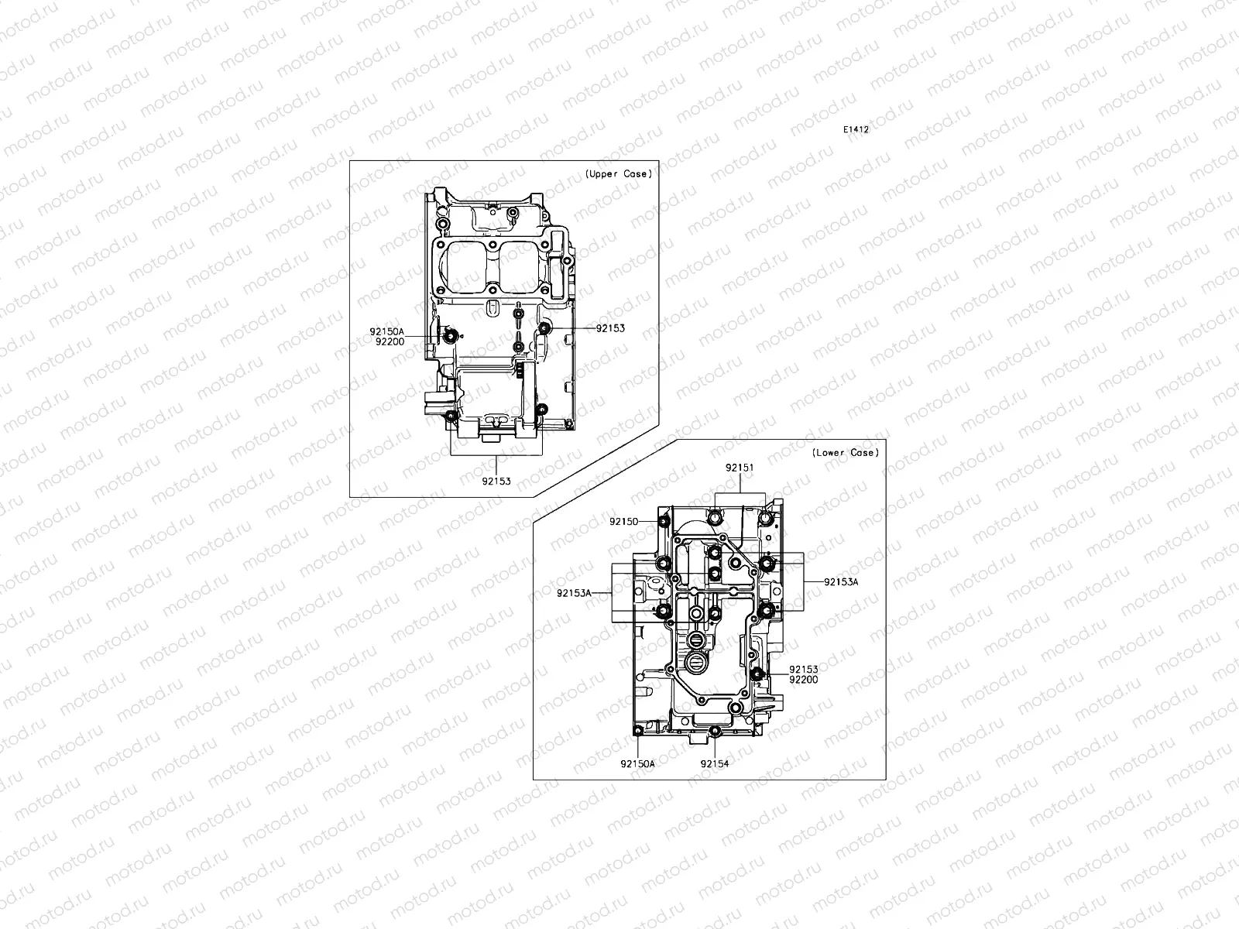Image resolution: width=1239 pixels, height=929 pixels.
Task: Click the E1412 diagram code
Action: coord(856,130)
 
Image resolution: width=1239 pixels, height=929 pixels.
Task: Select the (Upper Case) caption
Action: coord(618,174)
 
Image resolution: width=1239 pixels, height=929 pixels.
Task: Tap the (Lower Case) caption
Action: coord(846,453)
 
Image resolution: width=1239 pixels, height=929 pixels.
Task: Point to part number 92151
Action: coord(740,468)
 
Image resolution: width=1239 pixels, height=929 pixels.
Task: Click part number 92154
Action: coord(715,763)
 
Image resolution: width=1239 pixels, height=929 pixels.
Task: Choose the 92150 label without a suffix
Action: coord(623,522)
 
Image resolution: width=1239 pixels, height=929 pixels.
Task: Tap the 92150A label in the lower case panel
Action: coord(637,763)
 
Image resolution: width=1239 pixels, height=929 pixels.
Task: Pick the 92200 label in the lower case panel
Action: coord(803,679)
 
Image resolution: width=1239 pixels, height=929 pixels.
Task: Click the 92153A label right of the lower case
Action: coord(841,581)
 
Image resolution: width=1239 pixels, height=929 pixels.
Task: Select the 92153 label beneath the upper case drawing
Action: coord(496,481)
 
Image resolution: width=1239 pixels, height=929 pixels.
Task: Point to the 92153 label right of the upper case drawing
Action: coord(610,328)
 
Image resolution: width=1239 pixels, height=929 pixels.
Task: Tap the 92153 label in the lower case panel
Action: coord(803,669)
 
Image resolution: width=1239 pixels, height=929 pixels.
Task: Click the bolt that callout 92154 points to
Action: coord(715,732)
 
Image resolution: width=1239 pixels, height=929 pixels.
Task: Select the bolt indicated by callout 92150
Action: coord(664,522)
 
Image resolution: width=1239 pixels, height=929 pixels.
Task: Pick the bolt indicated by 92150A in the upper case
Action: coord(450,336)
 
